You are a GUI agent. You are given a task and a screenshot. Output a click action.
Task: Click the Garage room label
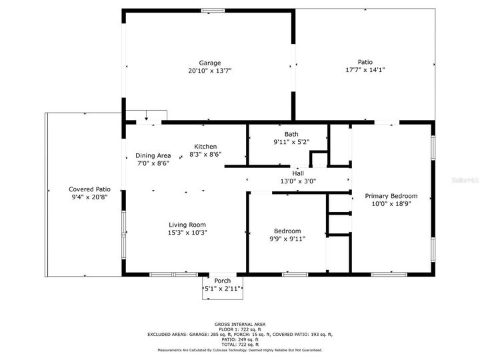[x=209, y=63]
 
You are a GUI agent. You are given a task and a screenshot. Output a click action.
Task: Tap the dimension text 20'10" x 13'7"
[x=209, y=71]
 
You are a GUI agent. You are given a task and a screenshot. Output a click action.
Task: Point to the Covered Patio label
[x=90, y=189]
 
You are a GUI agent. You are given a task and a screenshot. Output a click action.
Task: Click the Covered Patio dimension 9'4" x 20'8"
[x=90, y=197]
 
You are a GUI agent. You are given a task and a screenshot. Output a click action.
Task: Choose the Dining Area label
[x=153, y=155]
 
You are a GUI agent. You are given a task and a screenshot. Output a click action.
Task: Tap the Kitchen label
[x=205, y=147]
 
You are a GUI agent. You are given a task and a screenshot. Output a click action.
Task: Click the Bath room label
[x=291, y=134]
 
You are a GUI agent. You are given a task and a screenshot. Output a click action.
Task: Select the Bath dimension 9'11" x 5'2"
[x=291, y=142]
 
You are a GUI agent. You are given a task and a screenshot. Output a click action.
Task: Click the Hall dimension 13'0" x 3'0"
[x=298, y=181]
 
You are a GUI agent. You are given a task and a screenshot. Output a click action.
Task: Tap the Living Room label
[x=187, y=225]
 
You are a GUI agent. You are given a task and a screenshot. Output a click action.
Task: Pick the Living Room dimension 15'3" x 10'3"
[x=187, y=233]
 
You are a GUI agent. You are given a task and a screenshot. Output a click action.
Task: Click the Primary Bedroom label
[x=391, y=196]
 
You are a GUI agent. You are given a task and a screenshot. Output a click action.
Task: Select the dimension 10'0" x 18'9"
[x=391, y=204]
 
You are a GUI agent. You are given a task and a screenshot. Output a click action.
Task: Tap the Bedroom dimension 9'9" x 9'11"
[x=287, y=238]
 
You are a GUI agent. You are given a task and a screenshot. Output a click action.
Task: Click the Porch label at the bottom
[x=222, y=281]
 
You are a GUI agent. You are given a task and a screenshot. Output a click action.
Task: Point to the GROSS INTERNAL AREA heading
[x=239, y=323]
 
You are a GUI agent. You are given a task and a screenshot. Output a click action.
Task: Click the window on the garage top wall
[x=213, y=10]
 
